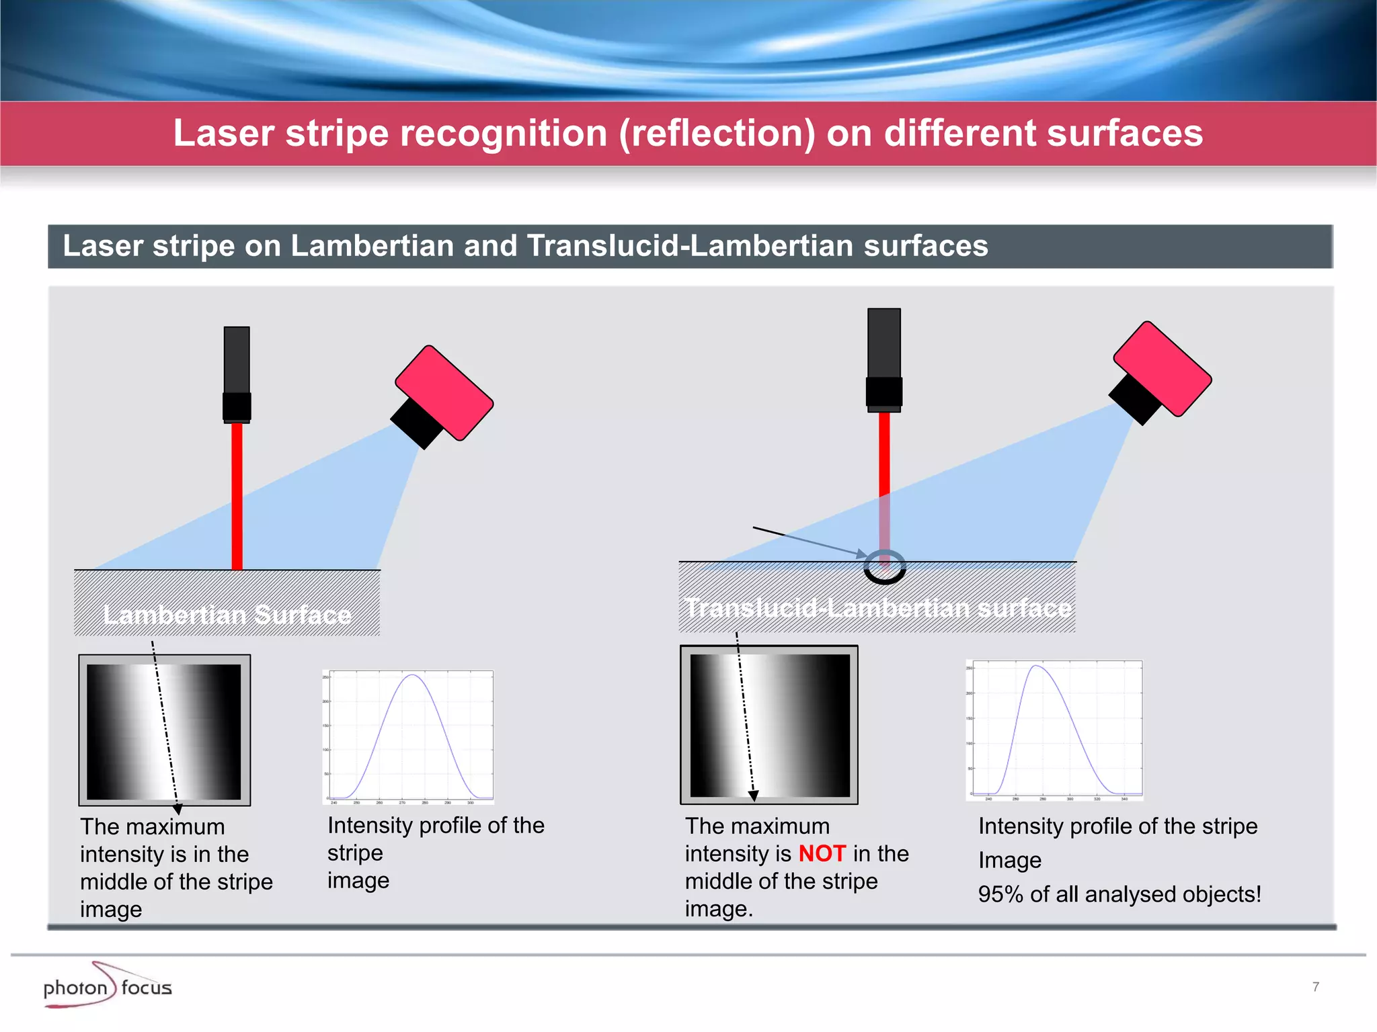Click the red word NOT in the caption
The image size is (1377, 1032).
[x=822, y=853]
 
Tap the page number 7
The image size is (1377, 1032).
[x=1315, y=986]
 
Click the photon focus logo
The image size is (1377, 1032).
[x=108, y=986]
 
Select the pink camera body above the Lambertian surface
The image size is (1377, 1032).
[x=444, y=392]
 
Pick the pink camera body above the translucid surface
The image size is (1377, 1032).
[x=1163, y=368]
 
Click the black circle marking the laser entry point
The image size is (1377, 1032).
[x=885, y=568]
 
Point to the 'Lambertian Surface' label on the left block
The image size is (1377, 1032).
[x=227, y=615]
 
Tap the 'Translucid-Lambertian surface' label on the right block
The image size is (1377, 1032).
[x=877, y=608]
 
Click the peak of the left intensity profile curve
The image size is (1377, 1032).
[x=412, y=675]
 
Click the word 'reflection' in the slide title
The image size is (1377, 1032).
[x=717, y=133]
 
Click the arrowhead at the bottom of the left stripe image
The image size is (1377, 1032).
[x=178, y=809]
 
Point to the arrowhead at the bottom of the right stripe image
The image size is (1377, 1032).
[x=754, y=796]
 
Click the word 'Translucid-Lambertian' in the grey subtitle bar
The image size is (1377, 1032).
[x=690, y=246]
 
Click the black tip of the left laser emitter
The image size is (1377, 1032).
[x=237, y=407]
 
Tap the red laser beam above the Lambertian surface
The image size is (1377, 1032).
[x=237, y=497]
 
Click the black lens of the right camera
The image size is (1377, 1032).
[x=1135, y=400]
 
